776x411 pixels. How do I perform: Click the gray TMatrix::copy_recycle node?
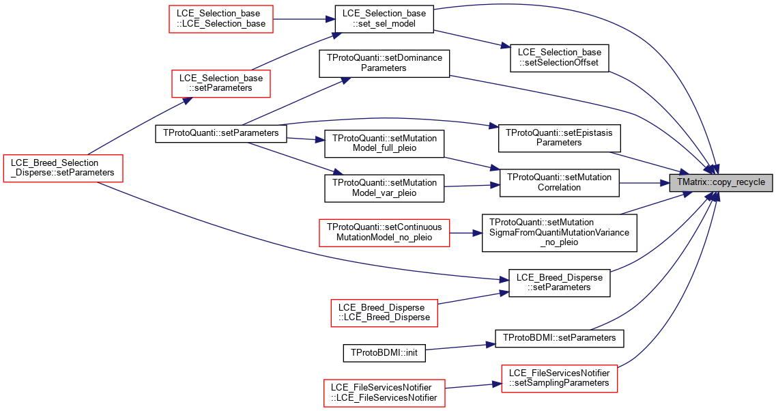coord(721,183)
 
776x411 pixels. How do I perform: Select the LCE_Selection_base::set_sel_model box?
coord(384,19)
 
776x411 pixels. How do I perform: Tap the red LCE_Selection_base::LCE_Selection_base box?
coord(221,19)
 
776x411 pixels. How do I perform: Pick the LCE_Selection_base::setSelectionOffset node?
coord(559,58)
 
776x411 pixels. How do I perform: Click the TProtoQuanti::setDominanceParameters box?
coord(384,63)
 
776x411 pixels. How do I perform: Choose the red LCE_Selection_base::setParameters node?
coord(220,83)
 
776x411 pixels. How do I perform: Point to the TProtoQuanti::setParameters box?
coord(220,133)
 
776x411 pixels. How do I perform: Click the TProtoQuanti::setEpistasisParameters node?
coord(559,138)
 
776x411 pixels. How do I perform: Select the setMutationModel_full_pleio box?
coord(384,143)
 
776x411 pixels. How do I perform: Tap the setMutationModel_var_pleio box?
coord(384,188)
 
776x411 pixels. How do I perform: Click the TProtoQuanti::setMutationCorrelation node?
coord(559,183)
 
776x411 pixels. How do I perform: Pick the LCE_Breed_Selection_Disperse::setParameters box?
coord(63,168)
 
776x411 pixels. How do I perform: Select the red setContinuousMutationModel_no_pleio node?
coord(384,232)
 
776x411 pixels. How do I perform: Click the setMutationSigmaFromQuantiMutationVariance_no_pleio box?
coord(559,232)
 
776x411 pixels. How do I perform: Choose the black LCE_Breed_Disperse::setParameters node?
coord(559,283)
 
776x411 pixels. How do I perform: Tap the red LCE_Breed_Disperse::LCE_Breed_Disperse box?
coord(384,313)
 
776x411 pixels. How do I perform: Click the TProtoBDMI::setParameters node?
coord(559,338)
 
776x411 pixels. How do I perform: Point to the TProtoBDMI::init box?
coord(384,353)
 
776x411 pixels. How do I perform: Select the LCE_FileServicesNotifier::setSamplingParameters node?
coord(559,378)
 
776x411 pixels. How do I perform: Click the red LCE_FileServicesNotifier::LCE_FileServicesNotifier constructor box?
coord(384,393)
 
